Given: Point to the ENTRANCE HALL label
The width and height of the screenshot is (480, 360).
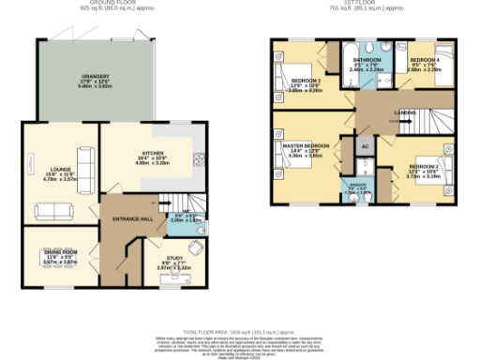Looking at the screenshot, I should click(133, 217).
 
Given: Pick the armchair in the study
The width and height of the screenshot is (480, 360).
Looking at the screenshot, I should click(194, 247).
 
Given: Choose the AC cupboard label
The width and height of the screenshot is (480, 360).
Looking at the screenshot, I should click(365, 147).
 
